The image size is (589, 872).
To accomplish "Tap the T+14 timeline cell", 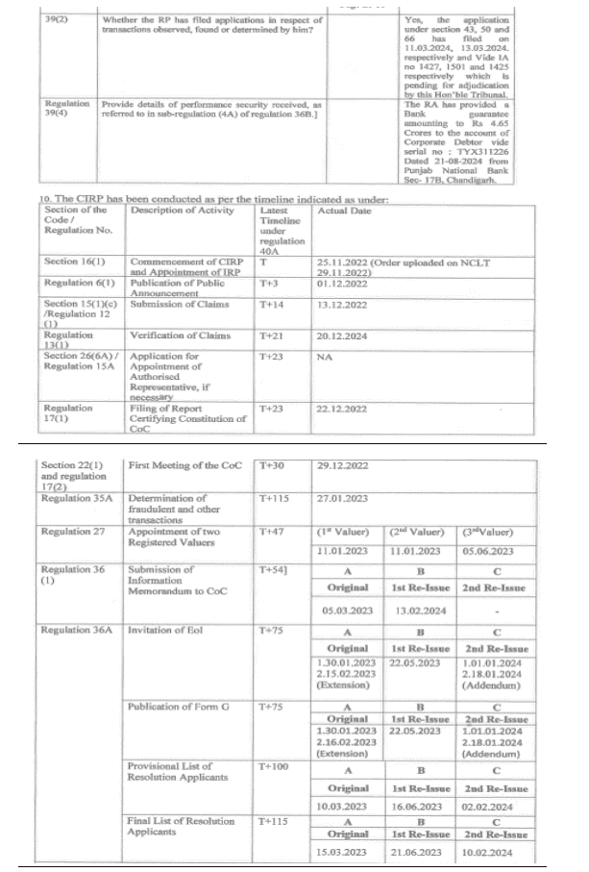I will tap(272, 305).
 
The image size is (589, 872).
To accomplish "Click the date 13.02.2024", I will tap(416, 609).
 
